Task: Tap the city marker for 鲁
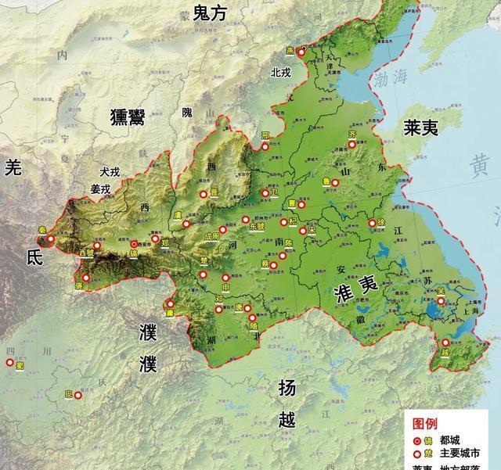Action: coord(335,182)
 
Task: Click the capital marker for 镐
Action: coord(134,244)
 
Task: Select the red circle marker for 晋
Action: coord(203,193)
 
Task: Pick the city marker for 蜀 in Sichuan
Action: coord(10,364)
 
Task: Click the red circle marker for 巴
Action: coord(77,395)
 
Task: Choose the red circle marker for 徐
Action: coord(372,224)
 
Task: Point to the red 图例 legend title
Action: coord(426,423)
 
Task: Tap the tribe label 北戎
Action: coord(280,72)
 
